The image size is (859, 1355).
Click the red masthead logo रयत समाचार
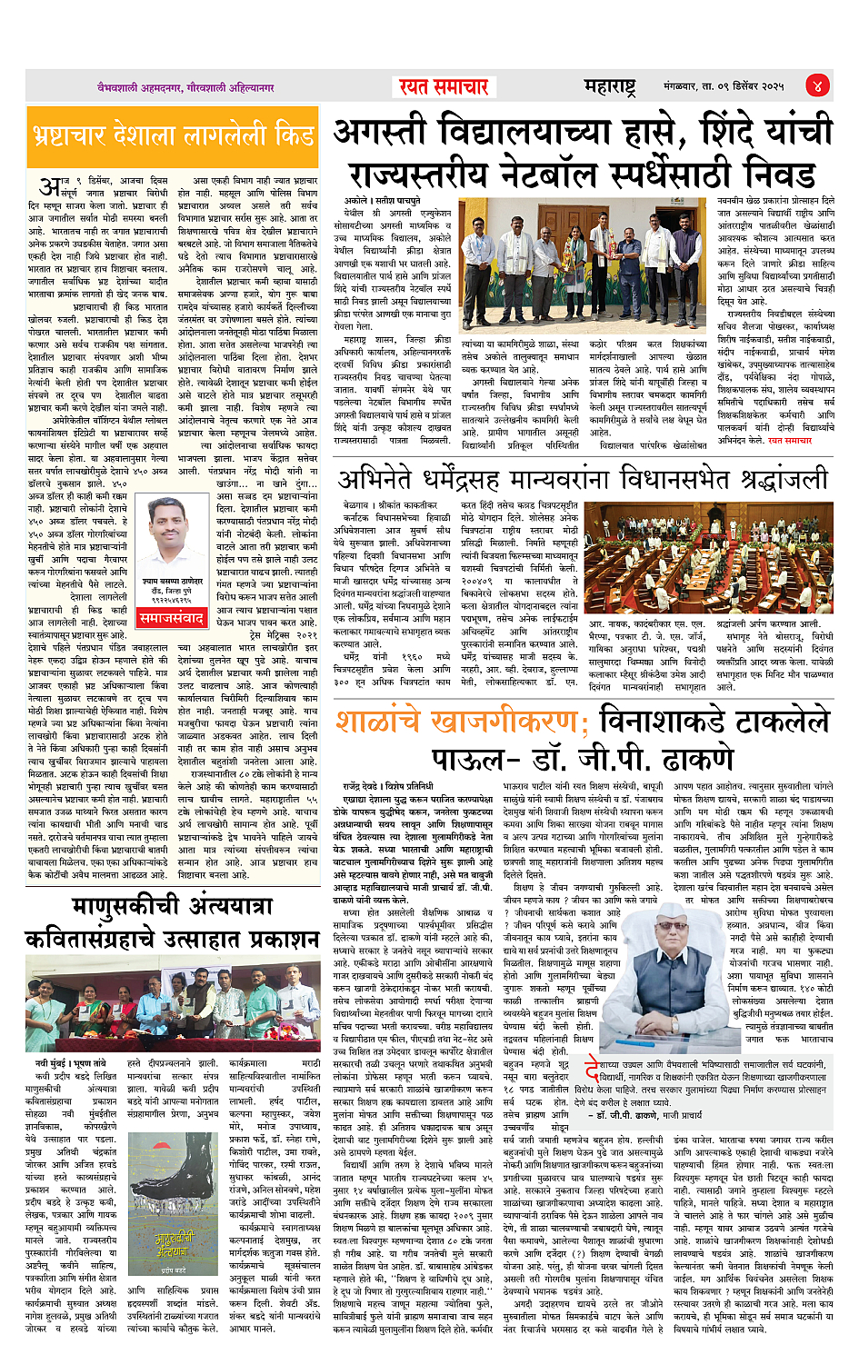pyautogui.click(x=444, y=86)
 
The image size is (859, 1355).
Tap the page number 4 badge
pyautogui.click(x=817, y=86)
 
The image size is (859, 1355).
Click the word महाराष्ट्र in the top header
pyautogui.click(x=610, y=86)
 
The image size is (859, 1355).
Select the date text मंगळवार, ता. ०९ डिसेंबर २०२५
pyautogui.click(x=724, y=86)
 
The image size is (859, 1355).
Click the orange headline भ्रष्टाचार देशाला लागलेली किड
pyautogui.click(x=173, y=136)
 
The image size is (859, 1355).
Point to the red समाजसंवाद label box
pyautogui.click(x=172, y=619)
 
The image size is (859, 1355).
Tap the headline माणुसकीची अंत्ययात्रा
pyautogui.click(x=173, y=908)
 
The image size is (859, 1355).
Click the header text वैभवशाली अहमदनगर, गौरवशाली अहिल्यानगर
pyautogui.click(x=186, y=87)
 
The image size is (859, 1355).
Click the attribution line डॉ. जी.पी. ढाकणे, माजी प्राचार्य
pyautogui.click(x=648, y=1114)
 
